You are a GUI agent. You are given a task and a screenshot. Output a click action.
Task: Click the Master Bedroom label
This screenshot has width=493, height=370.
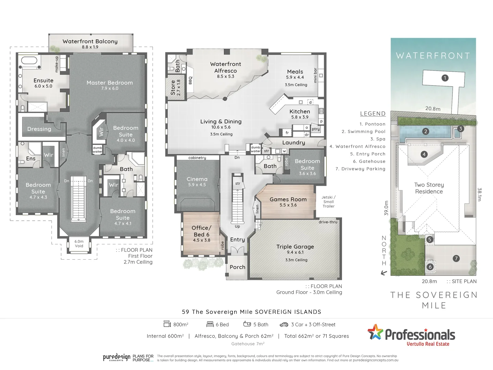110,83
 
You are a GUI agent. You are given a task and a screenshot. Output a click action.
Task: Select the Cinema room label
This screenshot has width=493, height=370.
197,179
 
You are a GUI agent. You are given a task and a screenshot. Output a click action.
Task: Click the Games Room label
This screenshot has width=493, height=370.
288,199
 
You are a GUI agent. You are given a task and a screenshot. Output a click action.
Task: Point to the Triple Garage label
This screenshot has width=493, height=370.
295,247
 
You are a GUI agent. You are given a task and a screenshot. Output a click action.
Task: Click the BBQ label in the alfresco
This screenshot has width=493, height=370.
191,80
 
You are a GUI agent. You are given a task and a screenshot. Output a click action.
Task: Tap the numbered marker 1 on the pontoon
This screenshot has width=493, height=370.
445,78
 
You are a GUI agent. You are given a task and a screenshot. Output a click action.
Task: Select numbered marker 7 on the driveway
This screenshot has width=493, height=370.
456,259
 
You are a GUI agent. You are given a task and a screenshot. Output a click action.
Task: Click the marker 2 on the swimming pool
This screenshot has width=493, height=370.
426,131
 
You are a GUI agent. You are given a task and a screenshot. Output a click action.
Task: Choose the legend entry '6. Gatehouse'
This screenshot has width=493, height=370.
369,161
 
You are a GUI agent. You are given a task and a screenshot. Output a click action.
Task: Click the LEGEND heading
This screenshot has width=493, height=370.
372,114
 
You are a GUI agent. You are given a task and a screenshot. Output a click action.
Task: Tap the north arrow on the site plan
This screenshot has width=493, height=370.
384,273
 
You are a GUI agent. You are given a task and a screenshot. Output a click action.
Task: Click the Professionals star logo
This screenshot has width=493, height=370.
375,332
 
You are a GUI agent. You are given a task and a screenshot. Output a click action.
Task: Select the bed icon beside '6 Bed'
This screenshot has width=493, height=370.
210,324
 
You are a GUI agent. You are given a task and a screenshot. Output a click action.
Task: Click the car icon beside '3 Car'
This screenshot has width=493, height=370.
284,324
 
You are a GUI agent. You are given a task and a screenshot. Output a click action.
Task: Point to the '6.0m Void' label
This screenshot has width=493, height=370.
79,244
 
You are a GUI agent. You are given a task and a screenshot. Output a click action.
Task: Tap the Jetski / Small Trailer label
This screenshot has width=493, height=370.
328,202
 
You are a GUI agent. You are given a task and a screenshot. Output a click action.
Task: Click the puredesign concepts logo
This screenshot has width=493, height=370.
117,358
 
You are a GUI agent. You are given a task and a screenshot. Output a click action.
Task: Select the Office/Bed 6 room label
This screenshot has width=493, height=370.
201,234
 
